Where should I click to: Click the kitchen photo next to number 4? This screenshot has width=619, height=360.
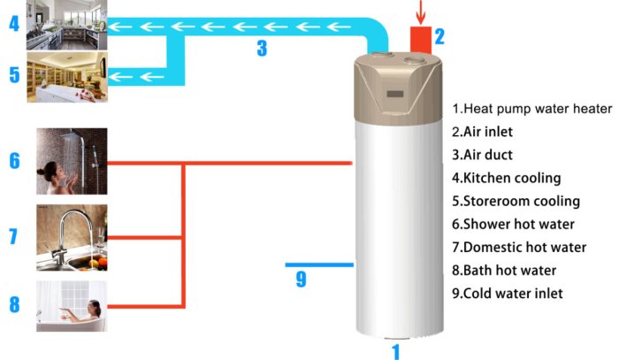(x=67, y=24)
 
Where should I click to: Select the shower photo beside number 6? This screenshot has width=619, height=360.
(x=72, y=161)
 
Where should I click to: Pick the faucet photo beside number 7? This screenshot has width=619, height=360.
(x=72, y=238)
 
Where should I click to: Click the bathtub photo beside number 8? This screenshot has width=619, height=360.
(x=72, y=305)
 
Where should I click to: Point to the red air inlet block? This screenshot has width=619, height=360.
(x=421, y=41)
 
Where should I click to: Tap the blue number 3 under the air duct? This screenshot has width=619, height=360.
(x=262, y=49)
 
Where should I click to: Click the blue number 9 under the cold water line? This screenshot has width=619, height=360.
(x=301, y=280)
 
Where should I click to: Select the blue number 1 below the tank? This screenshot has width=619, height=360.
(x=396, y=352)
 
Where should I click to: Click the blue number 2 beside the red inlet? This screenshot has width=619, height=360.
(x=439, y=36)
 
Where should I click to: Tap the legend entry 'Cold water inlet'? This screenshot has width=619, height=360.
(x=507, y=293)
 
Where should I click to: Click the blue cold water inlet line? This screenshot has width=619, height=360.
(x=319, y=264)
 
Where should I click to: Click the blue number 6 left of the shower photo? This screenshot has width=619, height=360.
(x=14, y=161)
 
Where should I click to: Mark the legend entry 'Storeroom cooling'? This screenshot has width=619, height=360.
(x=516, y=201)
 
